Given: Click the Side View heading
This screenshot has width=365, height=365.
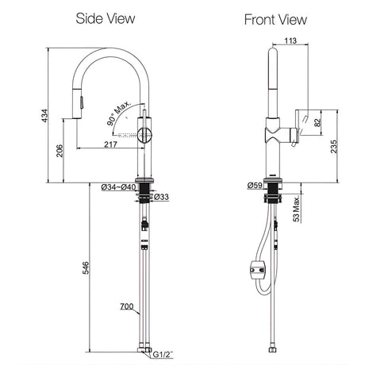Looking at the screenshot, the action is [106, 18].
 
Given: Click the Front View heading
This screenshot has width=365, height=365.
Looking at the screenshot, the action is [275, 20].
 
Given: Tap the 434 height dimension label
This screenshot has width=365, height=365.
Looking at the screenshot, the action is [45, 116].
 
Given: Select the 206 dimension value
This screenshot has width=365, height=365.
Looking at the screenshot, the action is [60, 151].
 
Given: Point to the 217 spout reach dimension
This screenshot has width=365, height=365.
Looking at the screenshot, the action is [110, 144].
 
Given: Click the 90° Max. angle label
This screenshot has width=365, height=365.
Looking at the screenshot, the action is [118, 113].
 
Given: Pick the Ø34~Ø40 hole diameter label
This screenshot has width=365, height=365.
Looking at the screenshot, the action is [118, 187].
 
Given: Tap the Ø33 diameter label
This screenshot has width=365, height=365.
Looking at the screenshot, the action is [161, 197].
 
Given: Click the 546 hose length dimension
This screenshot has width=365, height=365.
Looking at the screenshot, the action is [86, 267].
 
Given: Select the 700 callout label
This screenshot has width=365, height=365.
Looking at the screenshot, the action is [127, 306].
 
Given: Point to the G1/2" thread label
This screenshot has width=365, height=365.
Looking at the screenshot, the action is [163, 355].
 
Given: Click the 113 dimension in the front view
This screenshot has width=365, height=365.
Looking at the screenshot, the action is [290, 40].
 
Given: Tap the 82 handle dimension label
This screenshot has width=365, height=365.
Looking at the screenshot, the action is [317, 122].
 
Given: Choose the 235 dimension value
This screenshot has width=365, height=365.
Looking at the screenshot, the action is [334, 146].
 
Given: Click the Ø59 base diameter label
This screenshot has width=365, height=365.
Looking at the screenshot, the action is [255, 186].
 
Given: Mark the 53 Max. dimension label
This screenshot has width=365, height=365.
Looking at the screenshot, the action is [297, 209].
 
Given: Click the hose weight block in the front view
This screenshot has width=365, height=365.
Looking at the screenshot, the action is [258, 270].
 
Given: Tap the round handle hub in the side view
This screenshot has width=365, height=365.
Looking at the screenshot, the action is [144, 135].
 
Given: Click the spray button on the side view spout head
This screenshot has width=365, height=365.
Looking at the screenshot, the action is [82, 102].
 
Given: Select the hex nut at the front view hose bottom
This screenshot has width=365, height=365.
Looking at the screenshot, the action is [273, 351].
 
